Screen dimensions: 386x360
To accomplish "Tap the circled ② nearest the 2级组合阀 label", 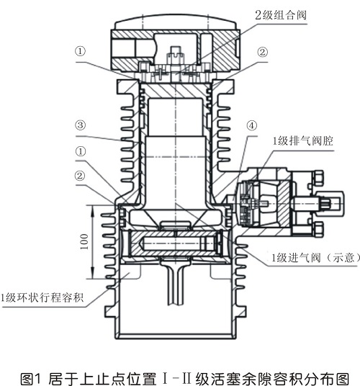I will click(263, 52).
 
